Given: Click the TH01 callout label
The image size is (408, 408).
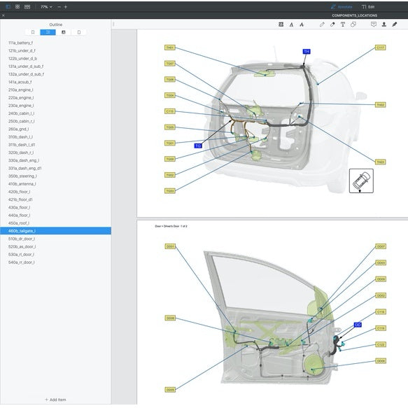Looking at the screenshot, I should pyautogui.click(x=170, y=48).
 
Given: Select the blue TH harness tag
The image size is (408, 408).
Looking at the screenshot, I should pyautogui.click(x=306, y=51).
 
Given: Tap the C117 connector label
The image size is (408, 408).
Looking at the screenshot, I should pyautogui.click(x=380, y=48).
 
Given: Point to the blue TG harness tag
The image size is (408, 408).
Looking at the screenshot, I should pyautogui.click(x=198, y=146).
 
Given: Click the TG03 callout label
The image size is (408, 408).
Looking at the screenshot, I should pyautogui.click(x=170, y=190).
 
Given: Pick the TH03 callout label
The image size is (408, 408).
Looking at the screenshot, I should pyautogui.click(x=380, y=105).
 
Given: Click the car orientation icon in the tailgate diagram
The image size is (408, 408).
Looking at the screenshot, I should pyautogui.click(x=361, y=181).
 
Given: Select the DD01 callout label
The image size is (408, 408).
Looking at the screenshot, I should pyautogui.click(x=170, y=246).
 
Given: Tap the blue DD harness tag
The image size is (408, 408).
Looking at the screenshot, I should pyautogui.click(x=358, y=325).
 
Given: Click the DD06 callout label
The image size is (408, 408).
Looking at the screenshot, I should pyautogui.click(x=381, y=361).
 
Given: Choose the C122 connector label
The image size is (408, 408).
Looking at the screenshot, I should pyautogui.click(x=381, y=344).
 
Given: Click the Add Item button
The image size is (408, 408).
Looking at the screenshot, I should pyautogui.click(x=55, y=400).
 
